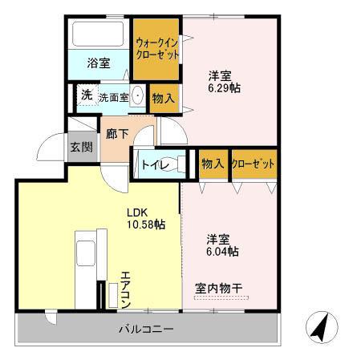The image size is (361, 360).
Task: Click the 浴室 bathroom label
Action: pos(99,63)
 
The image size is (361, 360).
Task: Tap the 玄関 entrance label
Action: pos(80,147)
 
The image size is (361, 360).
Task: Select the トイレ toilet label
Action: pos(154,165)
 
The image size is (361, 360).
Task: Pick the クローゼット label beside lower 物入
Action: pos(253,164)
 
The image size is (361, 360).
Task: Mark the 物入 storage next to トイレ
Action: pos(212,164)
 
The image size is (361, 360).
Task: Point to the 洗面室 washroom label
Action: pos(113,97)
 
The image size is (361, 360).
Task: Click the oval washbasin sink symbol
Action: pos(138,96)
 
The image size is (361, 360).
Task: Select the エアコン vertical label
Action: pos(125,290)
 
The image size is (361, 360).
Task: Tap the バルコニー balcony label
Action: pos(148,328)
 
